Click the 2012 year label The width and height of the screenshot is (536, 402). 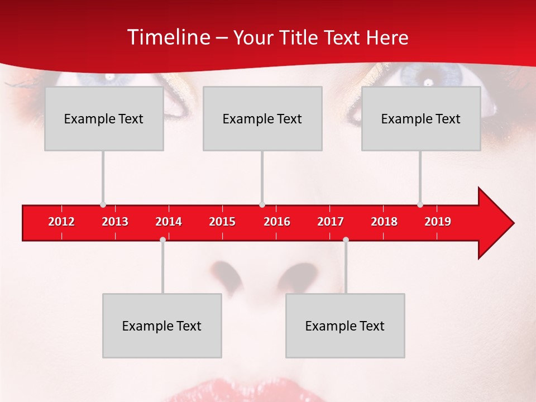tap(61, 222)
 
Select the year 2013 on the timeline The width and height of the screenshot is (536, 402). tap(115, 222)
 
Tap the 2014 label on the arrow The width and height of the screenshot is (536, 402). tap(169, 222)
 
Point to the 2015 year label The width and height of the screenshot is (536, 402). tap(222, 222)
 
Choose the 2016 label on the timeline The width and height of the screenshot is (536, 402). tap(277, 222)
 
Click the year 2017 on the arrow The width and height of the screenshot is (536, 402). tap(331, 222)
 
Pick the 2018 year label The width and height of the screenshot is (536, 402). tap(384, 222)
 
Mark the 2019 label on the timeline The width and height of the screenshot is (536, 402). tap(438, 222)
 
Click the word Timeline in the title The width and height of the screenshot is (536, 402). tap(167, 37)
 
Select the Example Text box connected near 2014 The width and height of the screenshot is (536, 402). tap(162, 326)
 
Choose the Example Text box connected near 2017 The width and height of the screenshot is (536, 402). tap(345, 326)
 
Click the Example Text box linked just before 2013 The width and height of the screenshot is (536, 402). tap(104, 118)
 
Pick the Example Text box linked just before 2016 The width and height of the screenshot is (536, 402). tap(262, 118)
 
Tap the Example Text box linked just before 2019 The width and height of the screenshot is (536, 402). tap(421, 118)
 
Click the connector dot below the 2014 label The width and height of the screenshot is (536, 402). tap(162, 240)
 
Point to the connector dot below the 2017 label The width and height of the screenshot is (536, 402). tap(346, 240)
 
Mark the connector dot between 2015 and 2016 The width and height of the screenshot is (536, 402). tap(262, 205)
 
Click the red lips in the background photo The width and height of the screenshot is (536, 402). tap(246, 391)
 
